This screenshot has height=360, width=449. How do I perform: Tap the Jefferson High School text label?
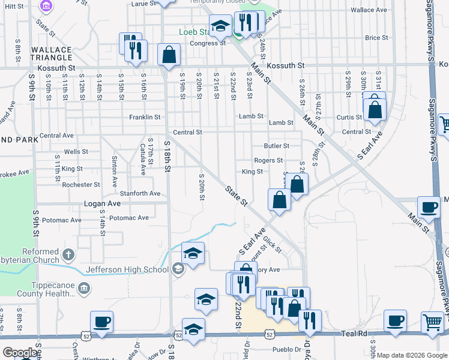(x=127, y=269)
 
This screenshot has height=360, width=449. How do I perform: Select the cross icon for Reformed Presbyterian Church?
(x=68, y=254)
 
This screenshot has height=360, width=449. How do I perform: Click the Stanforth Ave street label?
(x=140, y=193)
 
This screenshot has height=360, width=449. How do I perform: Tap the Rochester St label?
(x=81, y=185)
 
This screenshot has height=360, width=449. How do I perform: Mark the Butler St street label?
(x=276, y=146)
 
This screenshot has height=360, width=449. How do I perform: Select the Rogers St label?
(x=268, y=161)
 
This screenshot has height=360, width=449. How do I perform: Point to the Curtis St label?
(x=349, y=117)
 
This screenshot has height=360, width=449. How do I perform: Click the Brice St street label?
(x=376, y=38)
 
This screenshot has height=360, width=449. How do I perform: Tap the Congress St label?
(x=207, y=43)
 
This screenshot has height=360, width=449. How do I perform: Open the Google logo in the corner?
(x=19, y=353)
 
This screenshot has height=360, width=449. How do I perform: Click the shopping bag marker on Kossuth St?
(x=169, y=55)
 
